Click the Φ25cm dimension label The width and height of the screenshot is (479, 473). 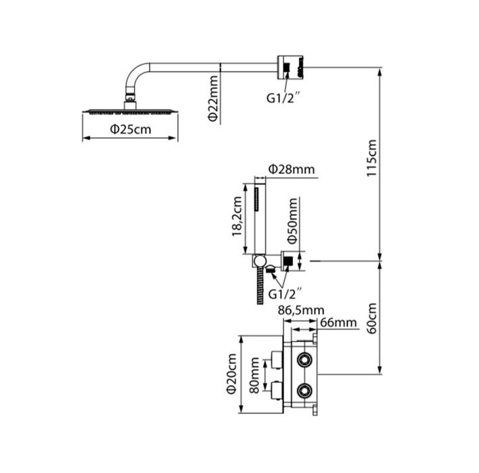point(131,129)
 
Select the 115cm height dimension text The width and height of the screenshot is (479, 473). point(372,158)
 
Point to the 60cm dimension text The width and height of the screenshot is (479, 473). point(372,319)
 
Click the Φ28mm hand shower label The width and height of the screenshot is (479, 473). point(292,169)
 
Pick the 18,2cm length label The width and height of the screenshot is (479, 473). point(237,217)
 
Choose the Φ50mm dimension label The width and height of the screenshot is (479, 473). point(292,221)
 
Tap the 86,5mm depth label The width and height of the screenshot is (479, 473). point(301,311)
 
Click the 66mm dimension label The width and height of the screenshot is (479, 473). point(338,323)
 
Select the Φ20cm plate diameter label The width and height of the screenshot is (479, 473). point(231,374)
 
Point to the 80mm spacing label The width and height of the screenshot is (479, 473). point(254,376)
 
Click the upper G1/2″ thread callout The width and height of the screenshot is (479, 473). point(282,98)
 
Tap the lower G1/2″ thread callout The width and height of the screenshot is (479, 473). point(283,294)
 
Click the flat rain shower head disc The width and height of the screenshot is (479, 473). point(131,112)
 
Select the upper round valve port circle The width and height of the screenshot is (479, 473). point(304,359)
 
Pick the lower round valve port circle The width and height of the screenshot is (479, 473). point(304,390)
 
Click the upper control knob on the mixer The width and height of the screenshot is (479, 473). point(277,359)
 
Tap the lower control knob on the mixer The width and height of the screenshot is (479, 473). point(277,390)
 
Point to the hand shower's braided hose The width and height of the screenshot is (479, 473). point(260,286)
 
